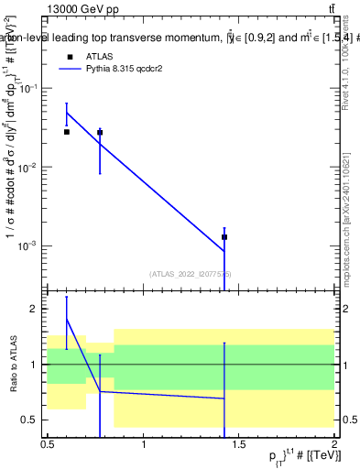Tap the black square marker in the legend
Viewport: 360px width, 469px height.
click(x=71, y=56)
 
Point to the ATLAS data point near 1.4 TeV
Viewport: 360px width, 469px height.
click(x=224, y=237)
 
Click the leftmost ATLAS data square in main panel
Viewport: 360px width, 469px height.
click(x=66, y=132)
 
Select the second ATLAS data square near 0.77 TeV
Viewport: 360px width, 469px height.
click(x=100, y=133)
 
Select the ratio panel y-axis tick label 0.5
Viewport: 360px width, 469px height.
click(x=30, y=420)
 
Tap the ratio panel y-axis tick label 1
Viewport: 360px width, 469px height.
click(x=35, y=365)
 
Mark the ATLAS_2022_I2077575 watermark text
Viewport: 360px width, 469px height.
click(x=191, y=274)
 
